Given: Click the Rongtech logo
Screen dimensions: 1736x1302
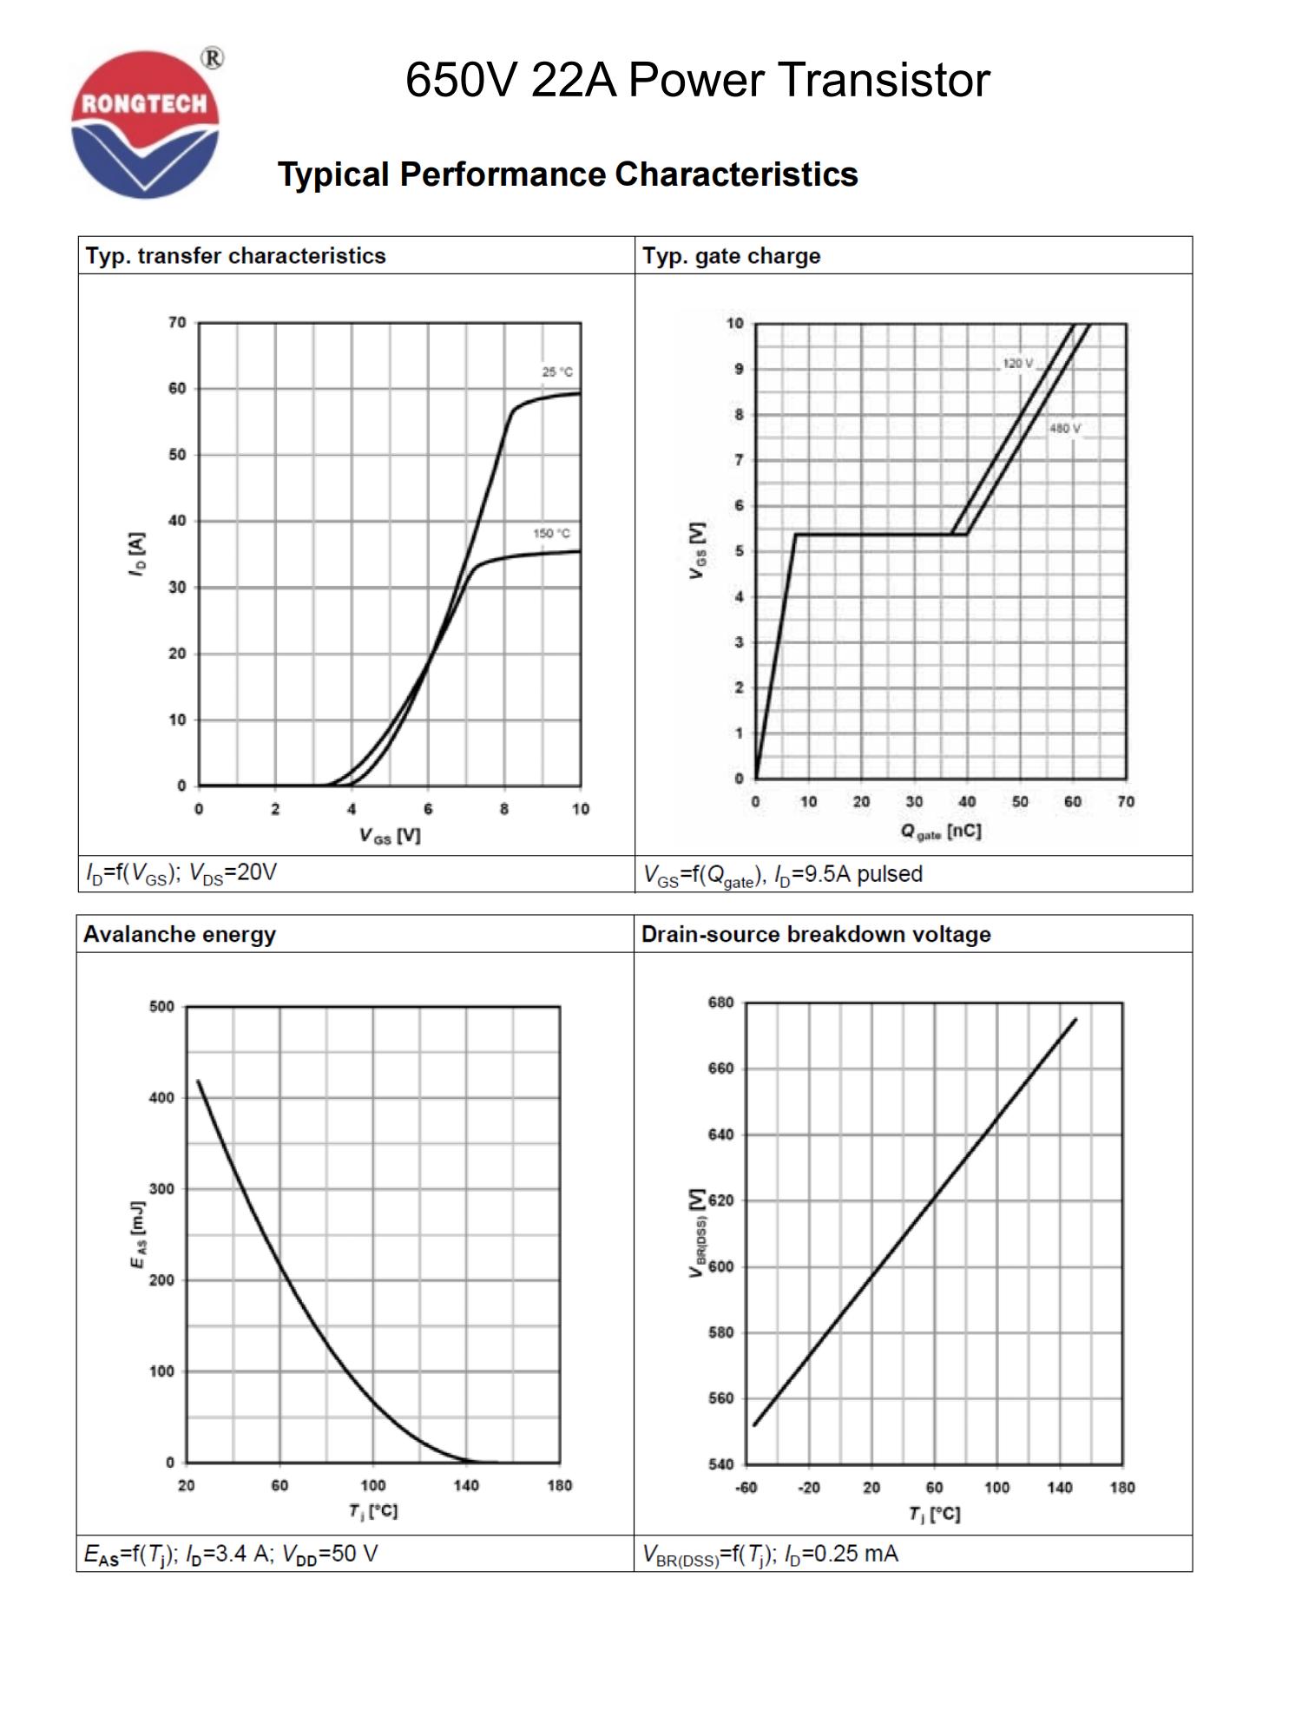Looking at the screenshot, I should pyautogui.click(x=145, y=124).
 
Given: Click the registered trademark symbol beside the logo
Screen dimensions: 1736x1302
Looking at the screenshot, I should pyautogui.click(x=212, y=58).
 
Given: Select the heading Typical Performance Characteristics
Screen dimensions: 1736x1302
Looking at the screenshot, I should pyautogui.click(x=568, y=174).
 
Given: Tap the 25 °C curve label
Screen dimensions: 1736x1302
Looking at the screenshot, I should pyautogui.click(x=557, y=372).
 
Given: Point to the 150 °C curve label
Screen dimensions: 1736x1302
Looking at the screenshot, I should pyautogui.click(x=551, y=533).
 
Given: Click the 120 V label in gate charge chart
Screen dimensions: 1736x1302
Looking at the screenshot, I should pyautogui.click(x=1018, y=363).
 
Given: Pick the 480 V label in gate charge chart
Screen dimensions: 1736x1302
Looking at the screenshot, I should pyautogui.click(x=1065, y=429).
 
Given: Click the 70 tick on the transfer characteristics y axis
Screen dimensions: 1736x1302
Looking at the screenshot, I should pyautogui.click(x=177, y=323).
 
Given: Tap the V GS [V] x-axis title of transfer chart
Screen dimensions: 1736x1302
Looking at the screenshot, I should pyautogui.click(x=390, y=835).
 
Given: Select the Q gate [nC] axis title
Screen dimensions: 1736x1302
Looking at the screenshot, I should pyautogui.click(x=941, y=832).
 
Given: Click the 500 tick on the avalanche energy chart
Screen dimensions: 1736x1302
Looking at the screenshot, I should pyautogui.click(x=161, y=1007).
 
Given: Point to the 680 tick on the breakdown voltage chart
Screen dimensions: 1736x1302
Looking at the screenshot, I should pyautogui.click(x=721, y=1003).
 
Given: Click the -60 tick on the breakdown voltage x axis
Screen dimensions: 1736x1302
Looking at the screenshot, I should pyautogui.click(x=746, y=1488).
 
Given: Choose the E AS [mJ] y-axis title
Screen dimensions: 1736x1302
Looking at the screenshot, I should pyautogui.click(x=137, y=1234).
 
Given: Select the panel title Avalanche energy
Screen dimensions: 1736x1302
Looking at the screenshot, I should pyautogui.click(x=180, y=934).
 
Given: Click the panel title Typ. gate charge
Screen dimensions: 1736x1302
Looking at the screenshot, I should pyautogui.click(x=731, y=256).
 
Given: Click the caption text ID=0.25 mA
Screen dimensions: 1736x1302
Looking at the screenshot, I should pyautogui.click(x=841, y=1553).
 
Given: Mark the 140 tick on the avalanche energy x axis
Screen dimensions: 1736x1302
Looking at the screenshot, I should pyautogui.click(x=466, y=1485).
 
